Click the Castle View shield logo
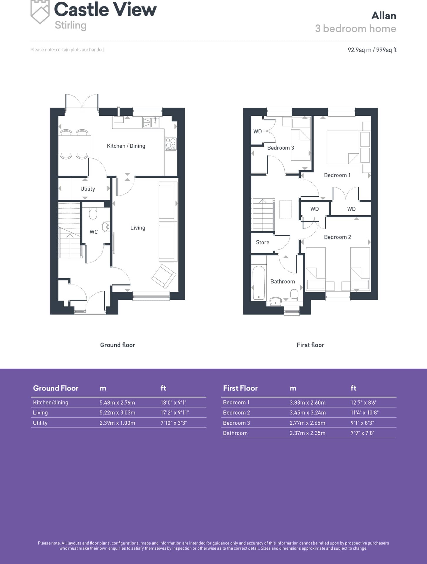tap(40, 12)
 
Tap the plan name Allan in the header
tap(384, 16)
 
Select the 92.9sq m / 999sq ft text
tap(372, 50)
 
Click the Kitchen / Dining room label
tap(126, 146)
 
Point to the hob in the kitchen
tap(171, 144)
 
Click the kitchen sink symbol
tap(151, 122)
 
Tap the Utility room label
tap(88, 189)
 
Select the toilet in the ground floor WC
tap(93, 214)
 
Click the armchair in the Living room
tap(164, 276)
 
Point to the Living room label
tap(138, 228)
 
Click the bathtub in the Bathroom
tap(259, 283)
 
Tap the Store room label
tap(263, 242)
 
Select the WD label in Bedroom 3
tap(258, 131)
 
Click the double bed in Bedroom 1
tap(343, 147)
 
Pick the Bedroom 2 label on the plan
tap(337, 237)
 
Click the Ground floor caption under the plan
tap(117, 345)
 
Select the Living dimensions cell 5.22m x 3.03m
tap(117, 412)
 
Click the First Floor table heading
tap(240, 388)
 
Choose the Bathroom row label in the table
tap(235, 433)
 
